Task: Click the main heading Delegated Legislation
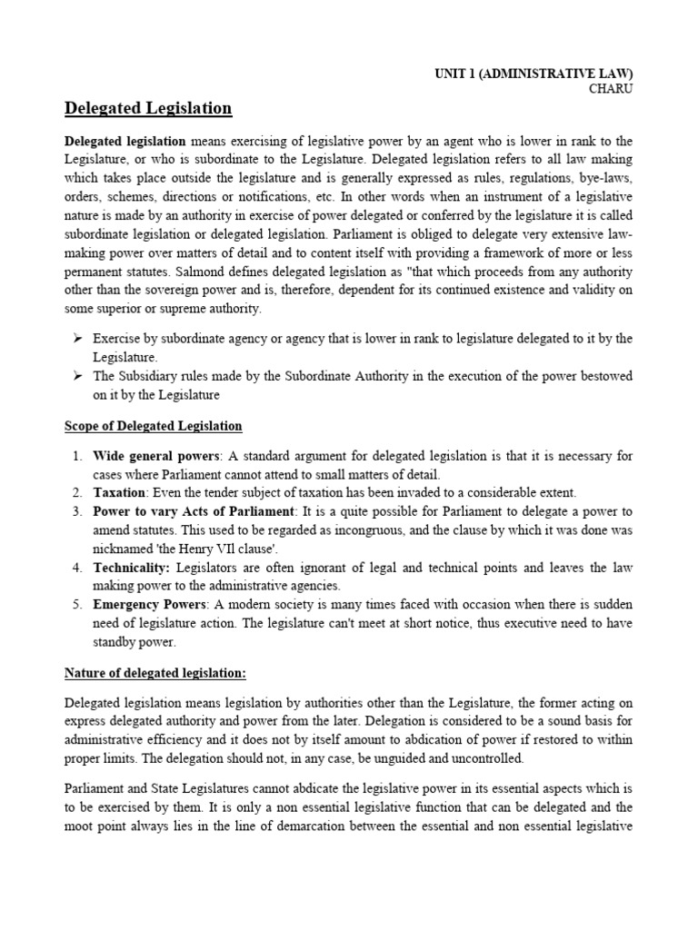click(x=148, y=109)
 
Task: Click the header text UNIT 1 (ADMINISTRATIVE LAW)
click(x=533, y=73)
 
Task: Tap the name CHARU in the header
click(x=611, y=89)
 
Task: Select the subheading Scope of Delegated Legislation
click(x=154, y=426)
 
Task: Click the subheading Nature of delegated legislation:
click(x=155, y=673)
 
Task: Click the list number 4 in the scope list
click(x=77, y=567)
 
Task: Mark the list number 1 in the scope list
click(x=77, y=455)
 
